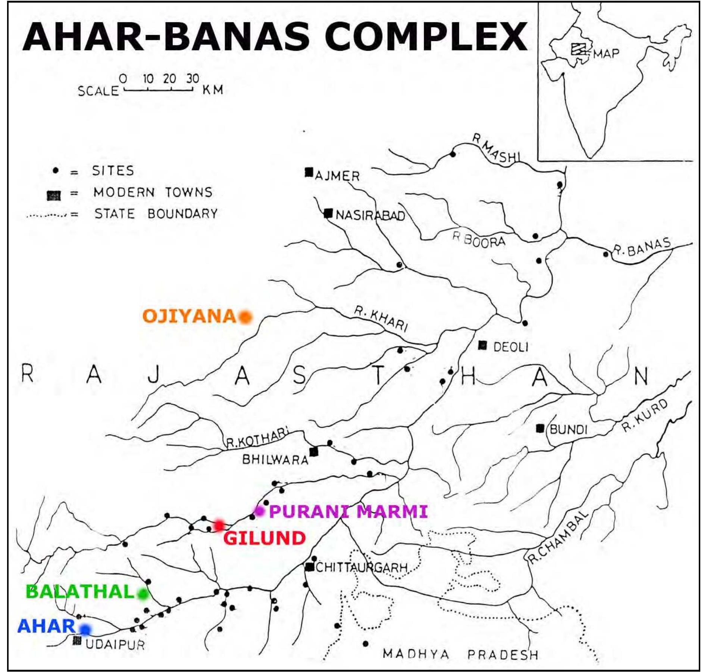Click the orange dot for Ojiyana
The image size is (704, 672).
[245, 317]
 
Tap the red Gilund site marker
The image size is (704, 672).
[219, 525]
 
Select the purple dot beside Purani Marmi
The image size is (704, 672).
[259, 511]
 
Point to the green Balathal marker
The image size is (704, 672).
[143, 594]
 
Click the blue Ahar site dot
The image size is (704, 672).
[85, 630]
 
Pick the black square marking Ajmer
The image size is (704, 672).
[309, 172]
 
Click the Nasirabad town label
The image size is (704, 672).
[370, 216]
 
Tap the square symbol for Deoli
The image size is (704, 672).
[483, 345]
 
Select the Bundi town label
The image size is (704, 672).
[568, 430]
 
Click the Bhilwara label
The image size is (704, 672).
[275, 459]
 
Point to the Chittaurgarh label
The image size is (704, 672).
[362, 568]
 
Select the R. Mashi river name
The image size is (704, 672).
[497, 149]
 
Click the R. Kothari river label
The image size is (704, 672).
[257, 438]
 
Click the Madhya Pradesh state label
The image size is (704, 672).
[460, 654]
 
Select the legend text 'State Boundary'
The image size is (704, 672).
[156, 214]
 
